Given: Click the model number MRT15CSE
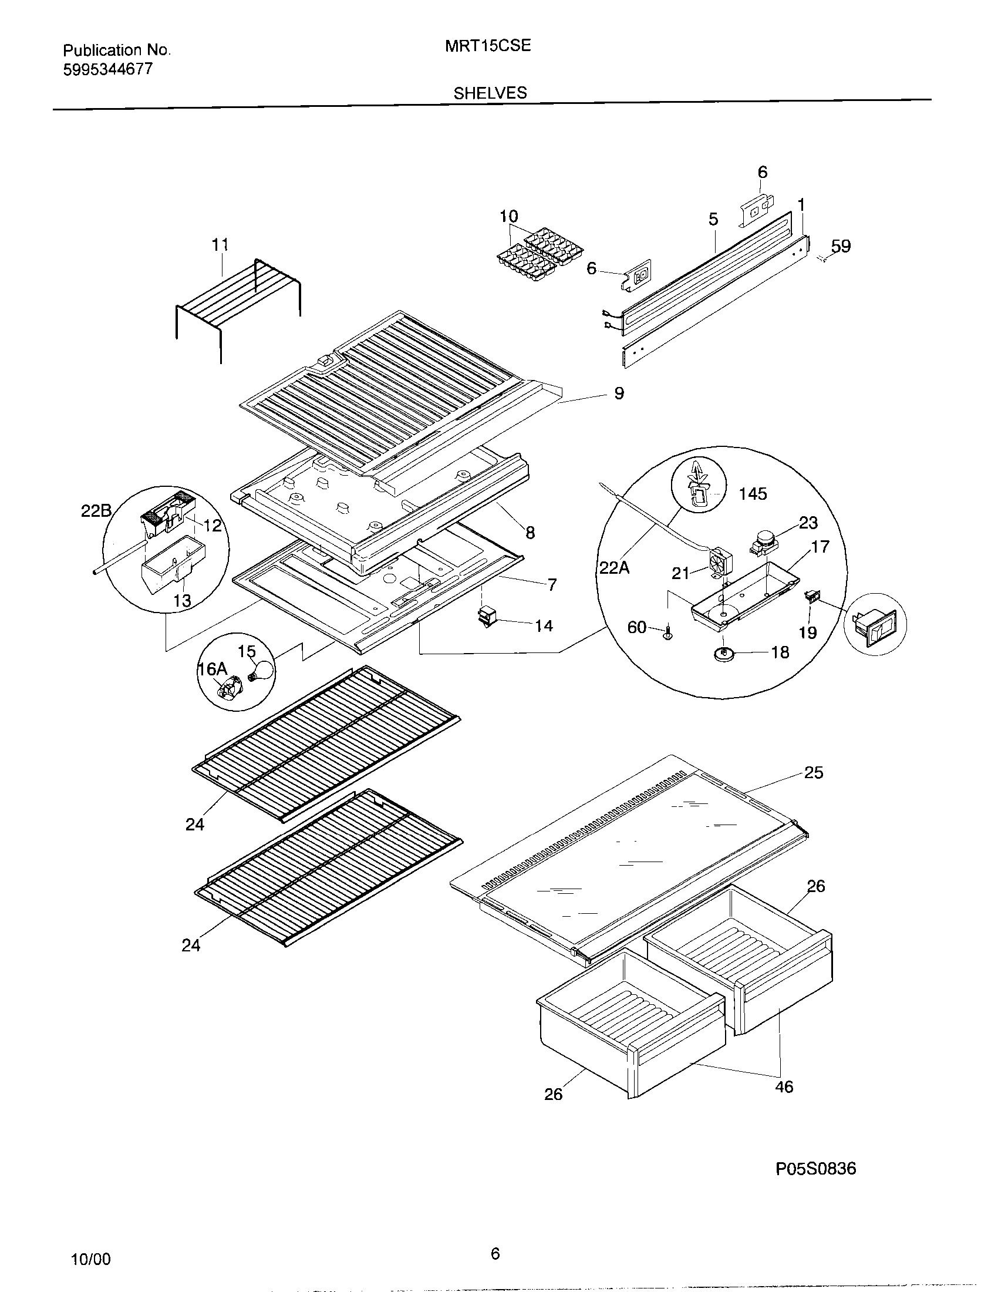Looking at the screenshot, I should pyautogui.click(x=488, y=46).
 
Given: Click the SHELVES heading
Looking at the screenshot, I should pyautogui.click(x=490, y=93).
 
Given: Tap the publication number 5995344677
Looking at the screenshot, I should pyautogui.click(x=107, y=70).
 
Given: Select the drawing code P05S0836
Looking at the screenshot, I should pyautogui.click(x=815, y=1168).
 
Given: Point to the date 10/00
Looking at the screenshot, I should pyautogui.click(x=90, y=1259).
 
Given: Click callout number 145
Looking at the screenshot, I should pyautogui.click(x=753, y=494).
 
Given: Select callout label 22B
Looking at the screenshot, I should pyautogui.click(x=96, y=511).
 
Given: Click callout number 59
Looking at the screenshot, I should pyautogui.click(x=841, y=246).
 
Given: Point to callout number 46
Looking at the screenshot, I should pyautogui.click(x=783, y=1086).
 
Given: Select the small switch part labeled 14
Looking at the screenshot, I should pyautogui.click(x=486, y=618).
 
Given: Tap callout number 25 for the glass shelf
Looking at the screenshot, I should pyautogui.click(x=814, y=773).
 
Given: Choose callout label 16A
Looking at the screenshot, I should pyautogui.click(x=212, y=669).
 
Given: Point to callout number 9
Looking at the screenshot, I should pyautogui.click(x=618, y=393).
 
